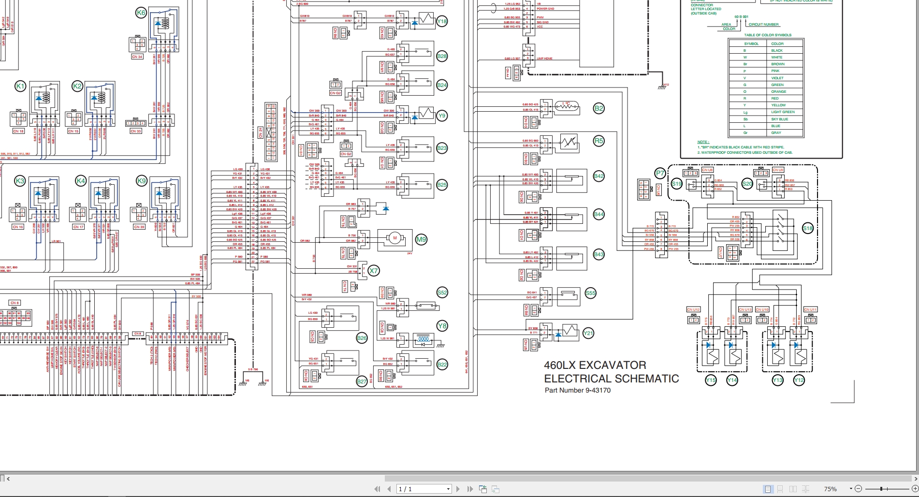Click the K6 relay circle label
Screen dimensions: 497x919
[x=141, y=13]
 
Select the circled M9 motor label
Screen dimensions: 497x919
[x=422, y=239]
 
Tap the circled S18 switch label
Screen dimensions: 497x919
[x=807, y=228]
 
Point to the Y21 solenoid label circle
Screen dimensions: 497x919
[x=588, y=333]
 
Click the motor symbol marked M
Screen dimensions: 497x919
[x=394, y=238]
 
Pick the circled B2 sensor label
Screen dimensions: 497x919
[x=598, y=108]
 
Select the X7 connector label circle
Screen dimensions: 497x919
[x=373, y=271]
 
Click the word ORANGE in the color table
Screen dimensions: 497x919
[x=779, y=91]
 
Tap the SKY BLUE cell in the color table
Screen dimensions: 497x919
[x=780, y=119]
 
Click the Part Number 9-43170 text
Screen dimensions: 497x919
[x=577, y=391]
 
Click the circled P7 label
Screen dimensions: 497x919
[x=660, y=173]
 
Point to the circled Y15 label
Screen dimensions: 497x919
[x=711, y=380]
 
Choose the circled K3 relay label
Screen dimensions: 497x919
[x=20, y=181]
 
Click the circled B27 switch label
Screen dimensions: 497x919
[x=362, y=381]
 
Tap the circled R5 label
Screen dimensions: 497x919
[x=598, y=141]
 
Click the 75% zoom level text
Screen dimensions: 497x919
[x=831, y=489]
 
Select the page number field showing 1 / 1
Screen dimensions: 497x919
[x=423, y=489]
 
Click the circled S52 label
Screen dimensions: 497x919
[x=442, y=292]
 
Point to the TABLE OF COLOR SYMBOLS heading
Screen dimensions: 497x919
[x=768, y=35]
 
